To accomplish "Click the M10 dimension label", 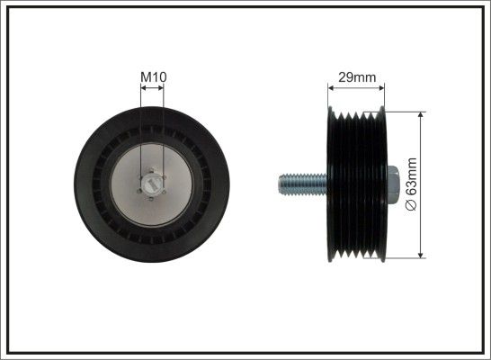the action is point(154,77).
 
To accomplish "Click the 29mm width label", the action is point(357,77).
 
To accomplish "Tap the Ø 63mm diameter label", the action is point(412,184).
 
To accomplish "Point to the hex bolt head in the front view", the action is point(152,184).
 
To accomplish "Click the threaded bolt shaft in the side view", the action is point(303,184).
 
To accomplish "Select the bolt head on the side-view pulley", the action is point(394,184).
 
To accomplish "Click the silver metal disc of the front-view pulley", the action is point(152,184).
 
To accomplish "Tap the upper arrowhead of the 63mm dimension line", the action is point(421,115).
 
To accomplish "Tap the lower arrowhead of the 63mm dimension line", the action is point(421,255).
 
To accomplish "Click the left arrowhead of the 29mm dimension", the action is point(331,88).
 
